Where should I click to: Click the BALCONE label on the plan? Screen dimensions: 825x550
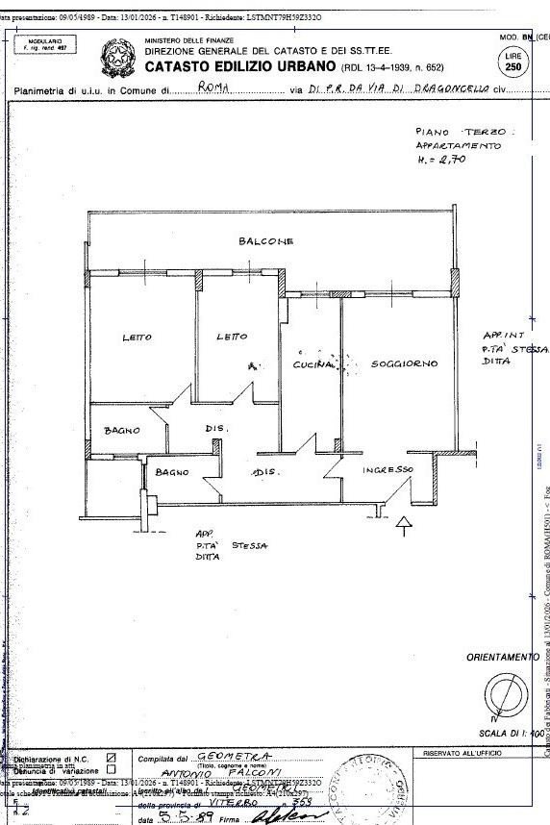(265, 240)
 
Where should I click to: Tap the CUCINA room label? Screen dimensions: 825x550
(312, 364)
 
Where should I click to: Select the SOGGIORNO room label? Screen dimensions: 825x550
(404, 364)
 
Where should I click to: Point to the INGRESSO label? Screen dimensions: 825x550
(388, 469)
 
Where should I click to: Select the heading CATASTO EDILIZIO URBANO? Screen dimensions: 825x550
(240, 67)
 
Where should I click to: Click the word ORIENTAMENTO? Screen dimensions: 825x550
(503, 657)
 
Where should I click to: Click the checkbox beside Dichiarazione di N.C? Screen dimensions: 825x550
(112, 759)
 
